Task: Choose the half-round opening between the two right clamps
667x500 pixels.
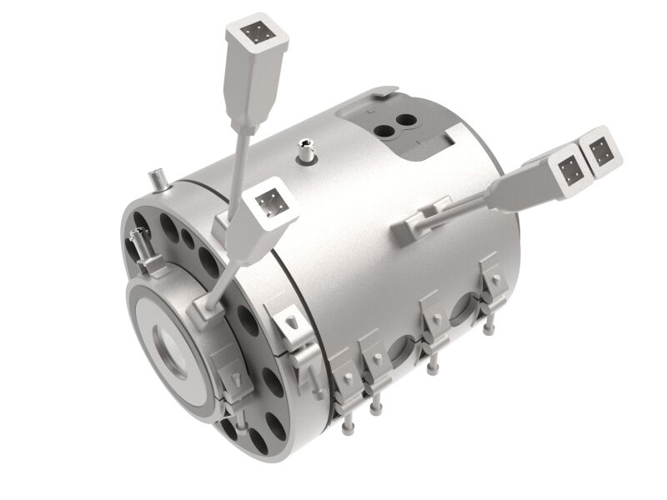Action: tap(461, 317)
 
